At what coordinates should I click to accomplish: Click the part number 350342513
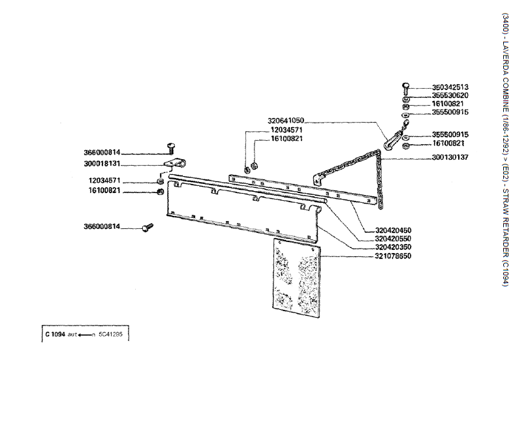point(450,87)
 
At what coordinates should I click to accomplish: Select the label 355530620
point(450,96)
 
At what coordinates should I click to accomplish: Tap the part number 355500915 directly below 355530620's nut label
point(450,112)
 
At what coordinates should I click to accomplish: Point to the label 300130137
point(450,158)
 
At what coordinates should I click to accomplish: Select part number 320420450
point(394,230)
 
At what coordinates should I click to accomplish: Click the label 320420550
point(394,239)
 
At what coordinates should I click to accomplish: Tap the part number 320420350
point(394,247)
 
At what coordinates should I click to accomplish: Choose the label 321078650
point(394,256)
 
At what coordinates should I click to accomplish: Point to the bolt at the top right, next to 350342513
point(405,89)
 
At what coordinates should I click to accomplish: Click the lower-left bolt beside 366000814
point(147,227)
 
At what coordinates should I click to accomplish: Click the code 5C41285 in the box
point(110,335)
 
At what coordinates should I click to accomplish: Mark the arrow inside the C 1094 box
point(85,335)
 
